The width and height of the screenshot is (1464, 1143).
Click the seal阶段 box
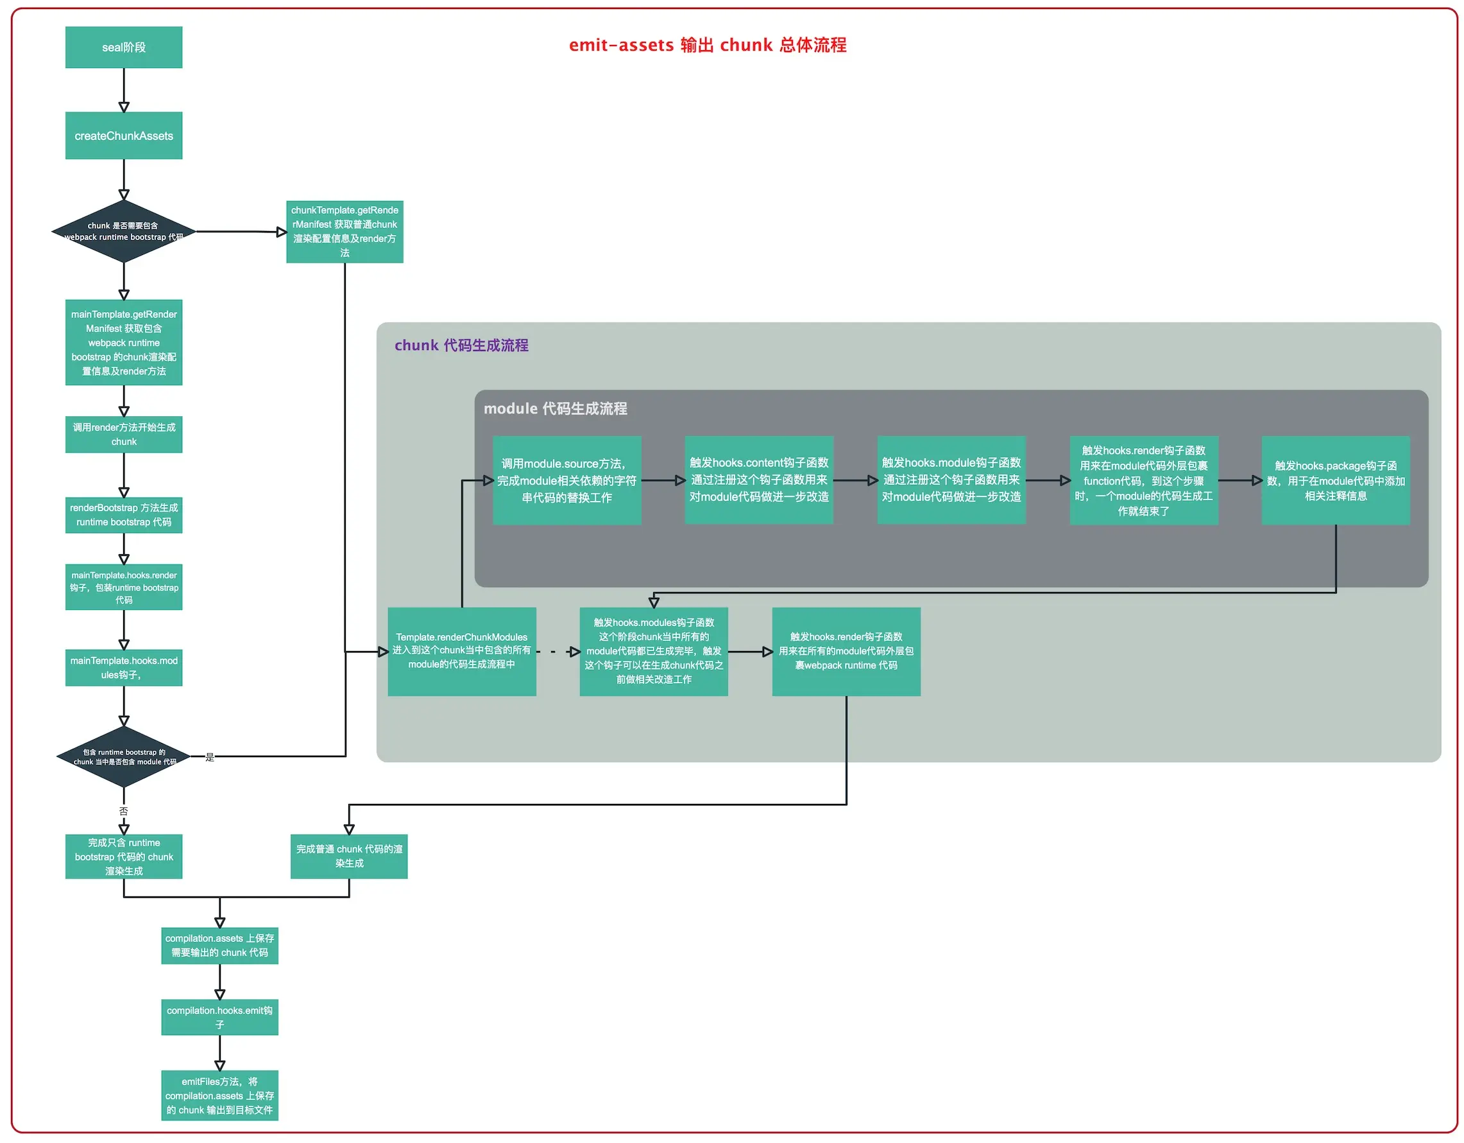(x=123, y=47)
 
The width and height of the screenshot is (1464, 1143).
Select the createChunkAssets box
(x=123, y=135)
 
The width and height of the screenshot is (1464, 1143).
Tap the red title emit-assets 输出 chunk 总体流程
(x=707, y=45)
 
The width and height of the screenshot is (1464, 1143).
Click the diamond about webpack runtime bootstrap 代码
(x=123, y=231)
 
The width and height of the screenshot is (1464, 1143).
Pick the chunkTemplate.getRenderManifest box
(x=345, y=231)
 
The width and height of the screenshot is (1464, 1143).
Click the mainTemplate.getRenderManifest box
(x=123, y=342)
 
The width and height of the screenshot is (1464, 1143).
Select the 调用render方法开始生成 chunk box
(x=123, y=434)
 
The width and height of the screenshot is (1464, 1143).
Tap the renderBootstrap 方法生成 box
(x=123, y=514)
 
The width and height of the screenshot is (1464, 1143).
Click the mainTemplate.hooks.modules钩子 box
(x=123, y=667)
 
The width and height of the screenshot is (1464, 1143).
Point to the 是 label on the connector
(x=210, y=757)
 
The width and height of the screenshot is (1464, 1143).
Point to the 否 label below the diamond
(x=123, y=811)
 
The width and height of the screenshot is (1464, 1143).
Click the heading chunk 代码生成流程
(x=461, y=345)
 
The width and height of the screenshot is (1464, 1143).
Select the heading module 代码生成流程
(x=555, y=408)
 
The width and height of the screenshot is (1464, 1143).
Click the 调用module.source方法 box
(x=566, y=480)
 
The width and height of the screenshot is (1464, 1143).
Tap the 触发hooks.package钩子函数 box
(x=1335, y=480)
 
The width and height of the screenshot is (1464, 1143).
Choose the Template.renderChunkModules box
(x=461, y=651)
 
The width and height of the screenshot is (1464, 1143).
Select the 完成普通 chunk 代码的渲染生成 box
(x=348, y=856)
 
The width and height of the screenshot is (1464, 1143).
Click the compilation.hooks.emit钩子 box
(x=219, y=1017)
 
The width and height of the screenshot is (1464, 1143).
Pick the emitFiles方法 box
(x=219, y=1095)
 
